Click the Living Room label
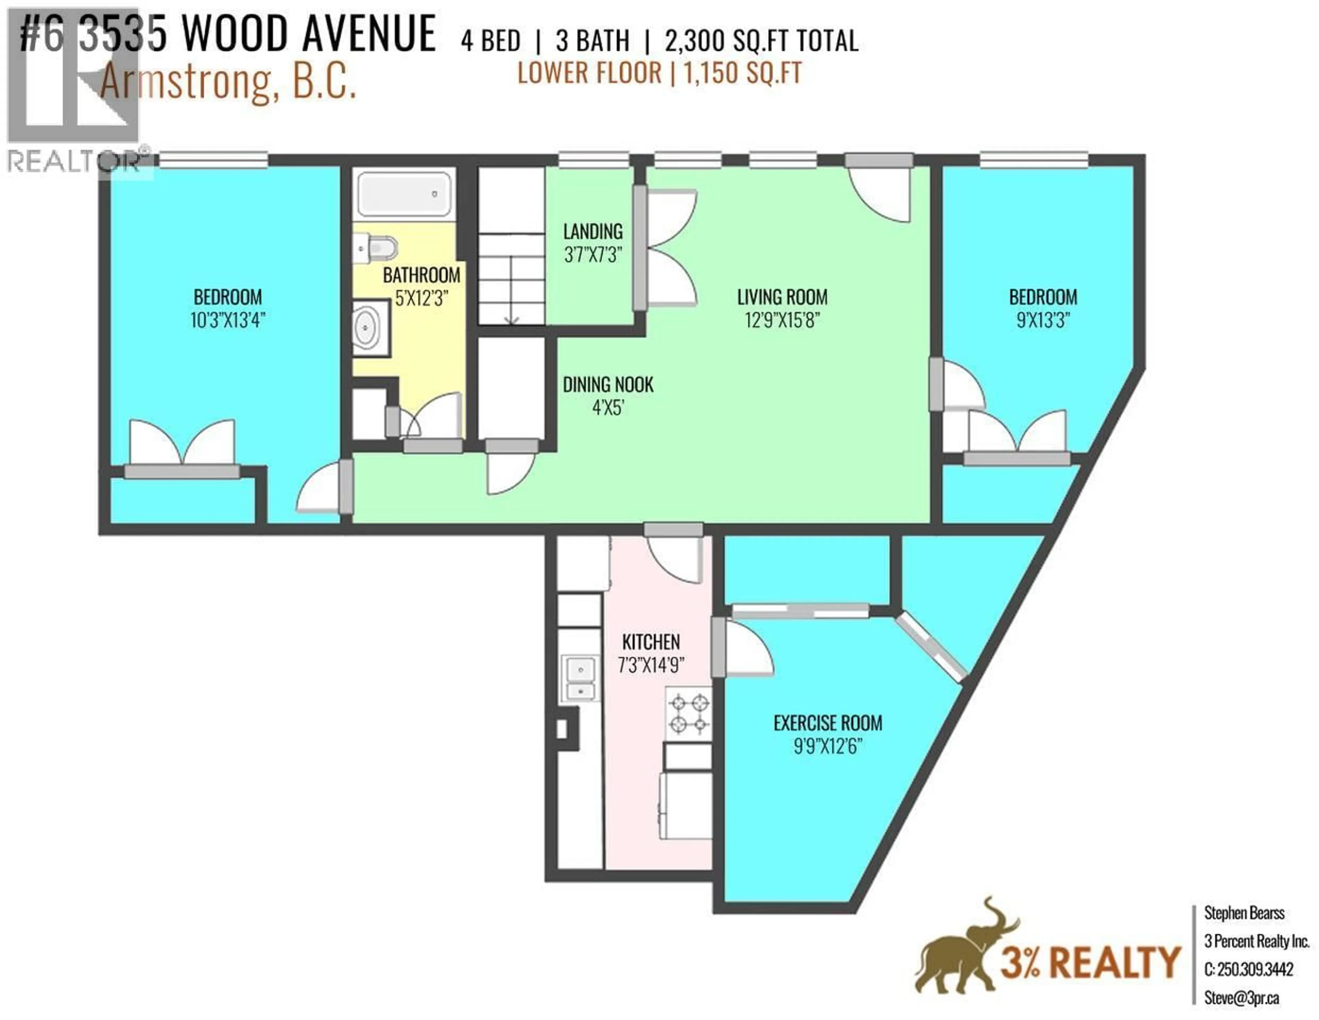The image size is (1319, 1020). coord(782,297)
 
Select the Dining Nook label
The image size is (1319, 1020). coord(608,385)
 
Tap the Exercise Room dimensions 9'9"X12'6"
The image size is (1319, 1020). coord(827,747)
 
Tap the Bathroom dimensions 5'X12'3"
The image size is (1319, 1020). coord(421,298)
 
